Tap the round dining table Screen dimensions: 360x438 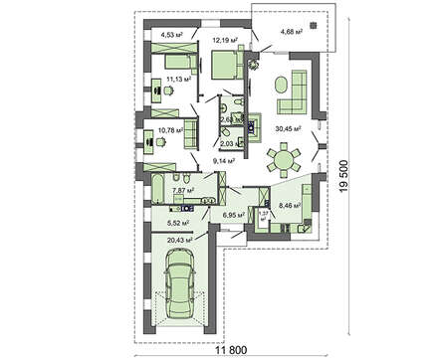[287, 157]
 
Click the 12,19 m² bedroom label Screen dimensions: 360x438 [229, 41]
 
